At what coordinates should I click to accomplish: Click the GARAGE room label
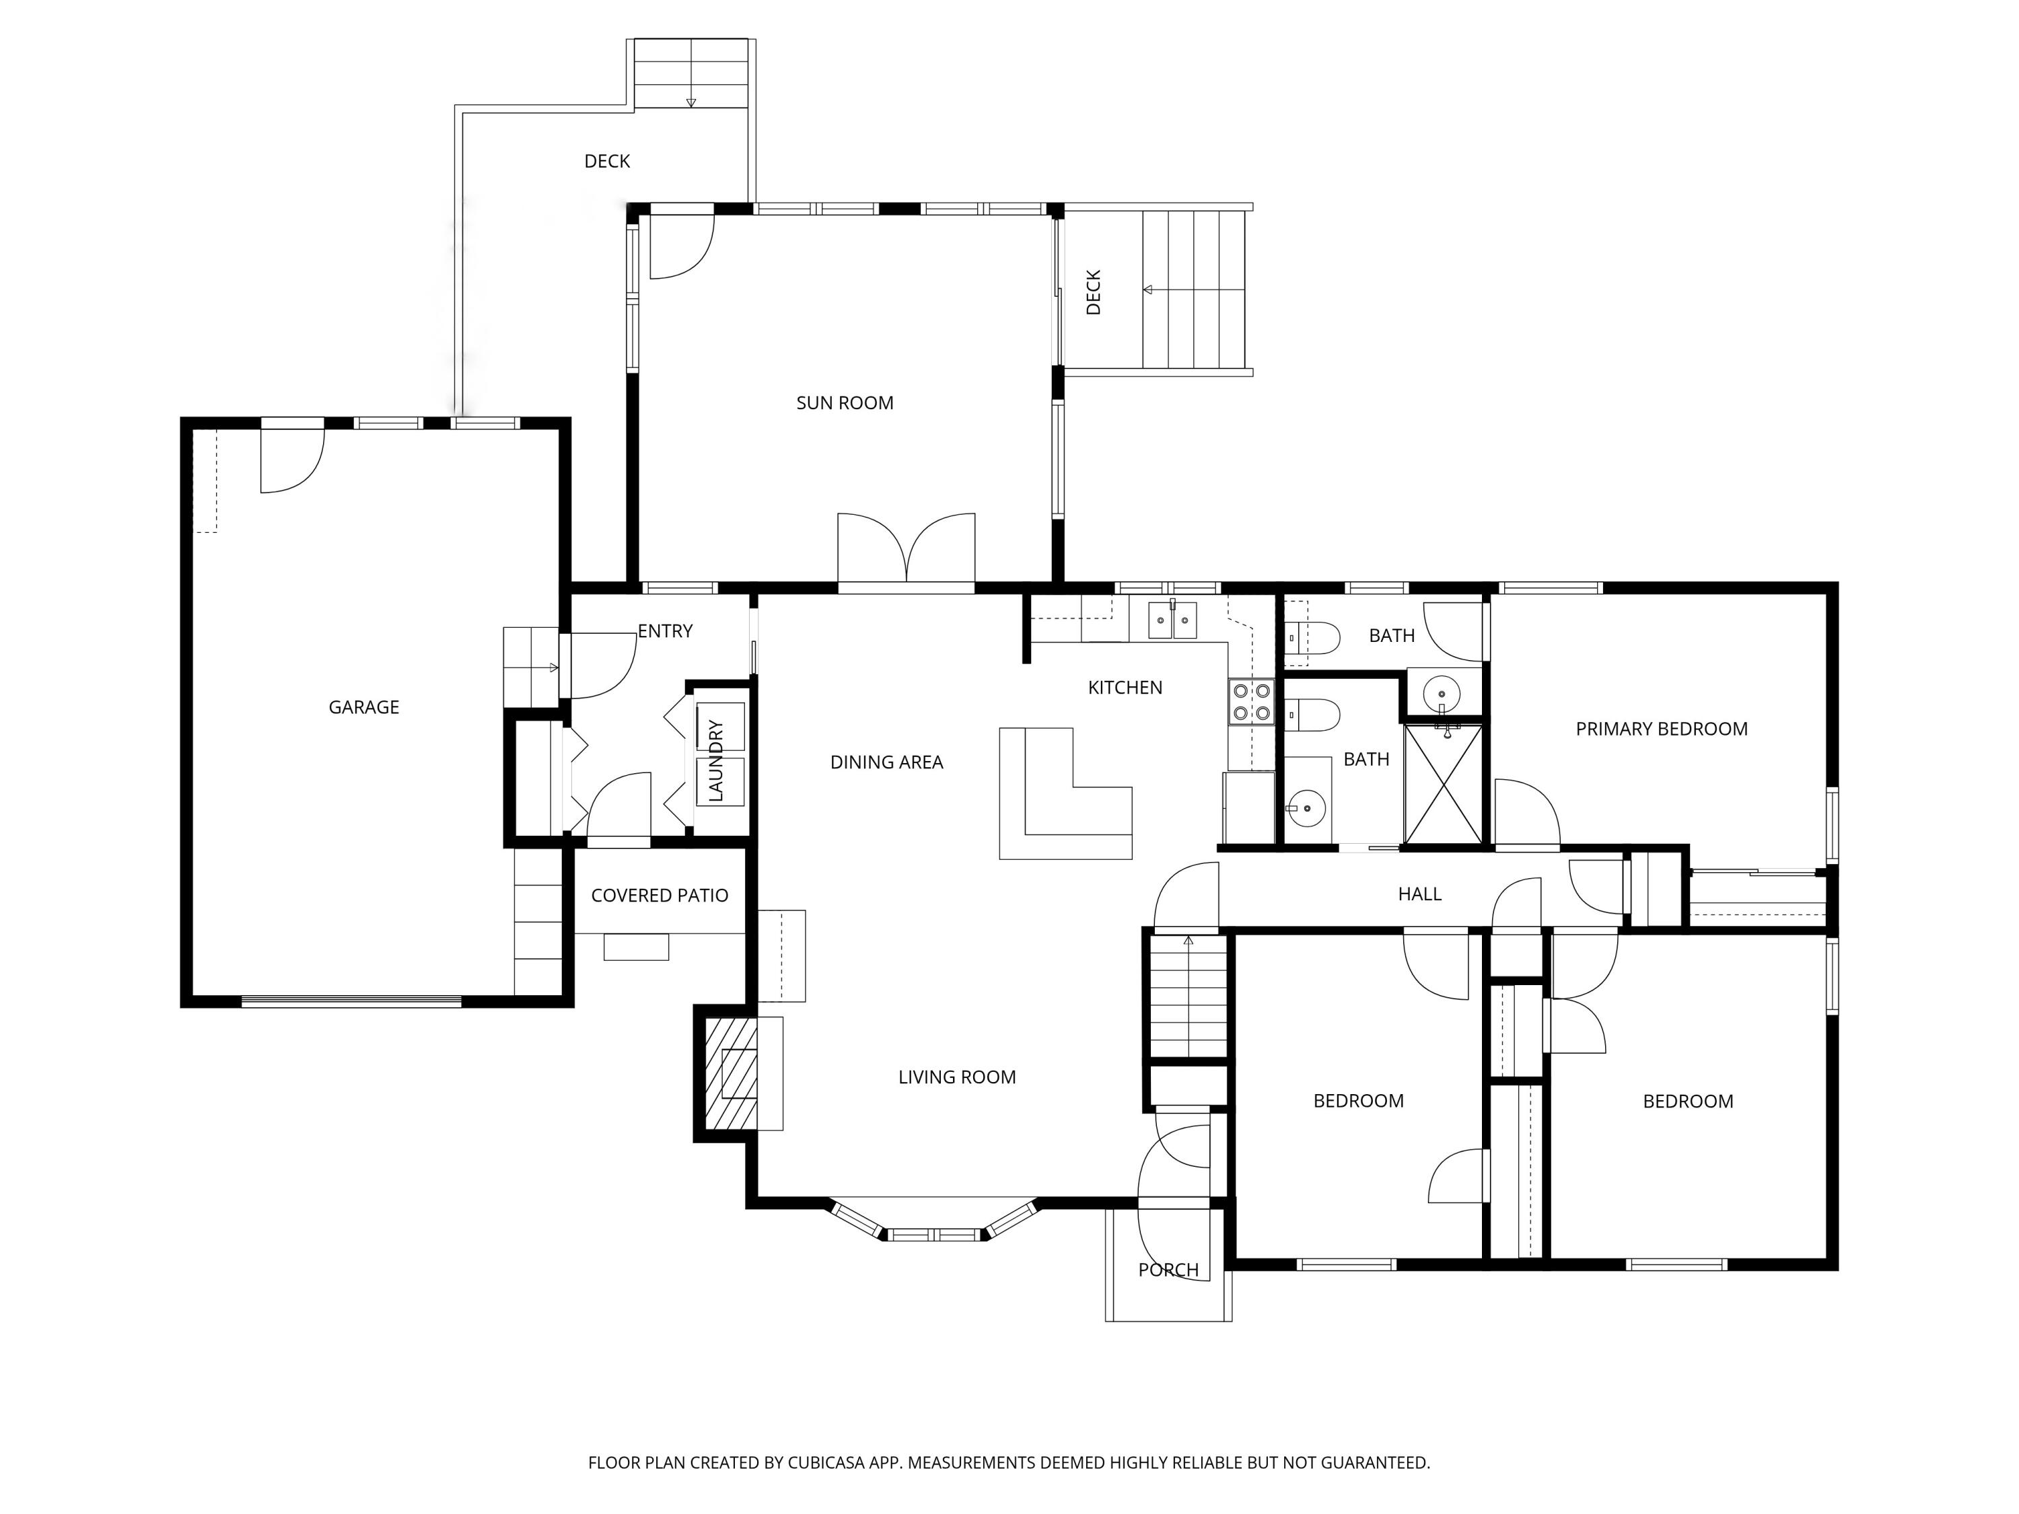coord(363,707)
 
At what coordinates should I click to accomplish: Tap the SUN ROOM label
coord(845,403)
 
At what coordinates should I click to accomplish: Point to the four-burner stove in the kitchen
coord(1251,702)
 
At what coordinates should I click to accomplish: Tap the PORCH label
coord(1168,1270)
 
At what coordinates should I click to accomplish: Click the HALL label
coord(1419,894)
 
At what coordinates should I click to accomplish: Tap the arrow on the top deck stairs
coord(691,102)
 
